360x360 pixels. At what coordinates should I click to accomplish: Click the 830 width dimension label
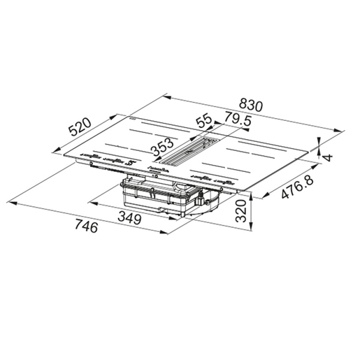tap(251, 106)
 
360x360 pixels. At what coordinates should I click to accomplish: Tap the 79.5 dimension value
tap(238, 120)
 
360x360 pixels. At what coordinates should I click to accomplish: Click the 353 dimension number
tap(162, 147)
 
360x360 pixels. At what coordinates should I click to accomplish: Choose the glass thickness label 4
tap(329, 158)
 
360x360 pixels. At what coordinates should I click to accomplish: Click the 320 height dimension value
tap(241, 211)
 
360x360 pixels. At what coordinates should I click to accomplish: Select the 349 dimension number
tap(129, 218)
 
